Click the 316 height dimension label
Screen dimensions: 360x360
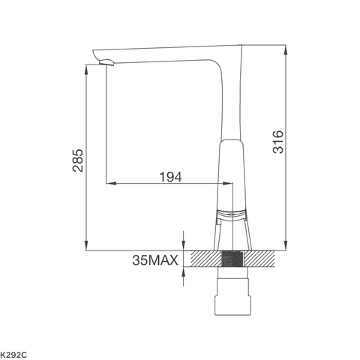click(x=277, y=142)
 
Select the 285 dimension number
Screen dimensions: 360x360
click(x=77, y=160)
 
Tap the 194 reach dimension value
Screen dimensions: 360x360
click(x=171, y=177)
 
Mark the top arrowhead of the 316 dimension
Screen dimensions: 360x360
click(x=286, y=49)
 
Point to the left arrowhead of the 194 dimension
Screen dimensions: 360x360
click(x=109, y=182)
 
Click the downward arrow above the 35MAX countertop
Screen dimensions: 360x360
click(x=183, y=242)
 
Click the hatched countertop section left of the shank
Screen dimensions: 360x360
click(x=205, y=258)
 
